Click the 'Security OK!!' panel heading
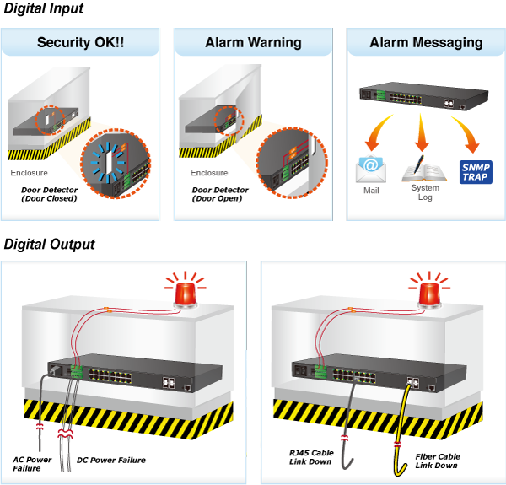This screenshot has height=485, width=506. (x=81, y=42)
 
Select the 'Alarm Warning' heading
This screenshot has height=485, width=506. (x=253, y=42)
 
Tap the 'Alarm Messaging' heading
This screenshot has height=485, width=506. (x=426, y=42)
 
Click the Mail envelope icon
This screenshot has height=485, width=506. (x=371, y=170)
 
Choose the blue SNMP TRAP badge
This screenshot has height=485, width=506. (x=474, y=171)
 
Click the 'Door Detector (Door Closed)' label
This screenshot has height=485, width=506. (x=50, y=194)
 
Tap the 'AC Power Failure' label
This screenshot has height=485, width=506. (x=32, y=464)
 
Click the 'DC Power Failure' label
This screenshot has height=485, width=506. (x=111, y=460)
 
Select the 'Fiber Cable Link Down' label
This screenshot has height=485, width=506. (x=437, y=461)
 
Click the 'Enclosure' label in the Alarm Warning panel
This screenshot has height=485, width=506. (x=209, y=173)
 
